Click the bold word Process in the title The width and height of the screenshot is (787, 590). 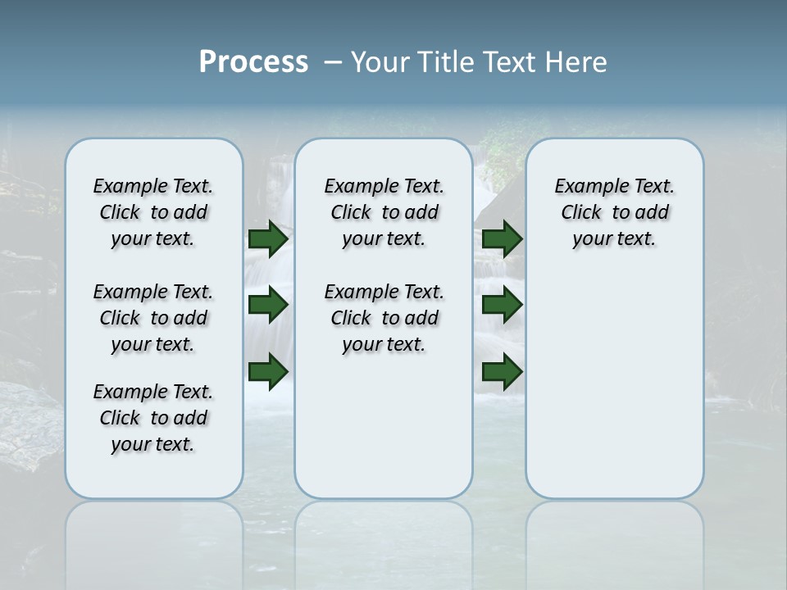tap(253, 62)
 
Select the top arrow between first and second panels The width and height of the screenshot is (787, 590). tap(267, 239)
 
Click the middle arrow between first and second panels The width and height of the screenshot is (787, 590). tap(267, 306)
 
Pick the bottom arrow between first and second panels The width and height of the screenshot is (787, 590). tap(267, 372)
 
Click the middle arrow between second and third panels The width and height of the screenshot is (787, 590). tap(502, 306)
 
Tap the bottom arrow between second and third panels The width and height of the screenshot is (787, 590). tap(502, 372)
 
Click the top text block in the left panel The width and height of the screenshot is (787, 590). tap(153, 212)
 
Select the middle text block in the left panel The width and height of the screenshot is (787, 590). tap(153, 318)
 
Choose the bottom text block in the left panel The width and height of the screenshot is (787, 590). tap(153, 418)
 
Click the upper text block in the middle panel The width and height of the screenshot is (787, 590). tap(384, 212)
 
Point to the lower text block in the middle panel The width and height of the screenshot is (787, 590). tap(384, 318)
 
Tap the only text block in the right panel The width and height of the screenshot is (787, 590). tap(614, 212)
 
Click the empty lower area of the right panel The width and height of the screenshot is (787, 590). tap(614, 385)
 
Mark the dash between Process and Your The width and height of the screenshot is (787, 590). tap(333, 63)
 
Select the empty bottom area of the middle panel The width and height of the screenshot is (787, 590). tap(384, 426)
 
